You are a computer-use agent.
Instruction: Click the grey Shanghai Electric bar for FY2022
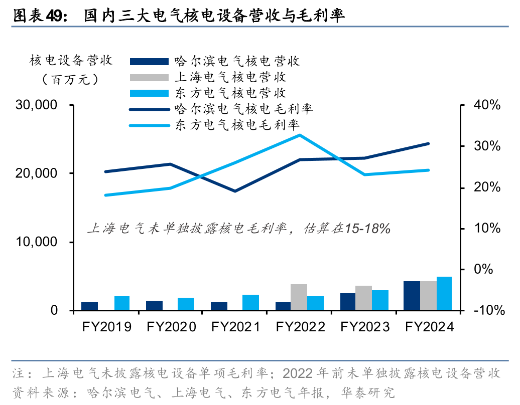tap(299, 297)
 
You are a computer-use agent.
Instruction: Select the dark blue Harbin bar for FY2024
tap(412, 296)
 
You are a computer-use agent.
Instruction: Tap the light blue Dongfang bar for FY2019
tap(121, 303)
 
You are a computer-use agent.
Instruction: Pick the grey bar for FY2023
tap(363, 298)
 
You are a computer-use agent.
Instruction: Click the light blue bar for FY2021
tap(250, 302)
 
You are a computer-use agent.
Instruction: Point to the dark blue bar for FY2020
tap(154, 305)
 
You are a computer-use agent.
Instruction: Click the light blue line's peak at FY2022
tap(300, 135)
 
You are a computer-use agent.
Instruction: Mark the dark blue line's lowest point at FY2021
tap(235, 191)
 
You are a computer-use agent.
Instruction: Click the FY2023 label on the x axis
tap(365, 327)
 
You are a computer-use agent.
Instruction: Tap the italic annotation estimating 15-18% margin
tap(238, 228)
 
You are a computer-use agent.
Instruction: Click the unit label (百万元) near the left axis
tap(71, 79)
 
